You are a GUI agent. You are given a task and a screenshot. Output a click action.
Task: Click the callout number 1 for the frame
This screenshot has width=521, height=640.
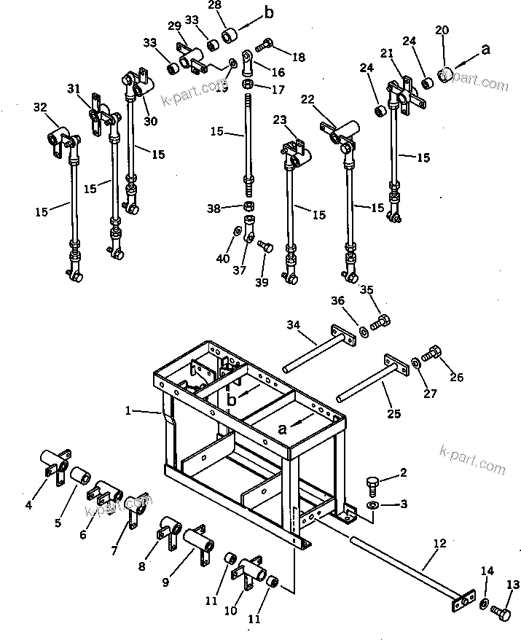pyautogui.click(x=128, y=411)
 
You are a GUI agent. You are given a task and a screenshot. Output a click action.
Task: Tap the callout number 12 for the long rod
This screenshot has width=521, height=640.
pyautogui.click(x=439, y=543)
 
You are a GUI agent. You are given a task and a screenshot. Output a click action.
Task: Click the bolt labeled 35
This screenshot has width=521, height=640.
pyautogui.click(x=380, y=321)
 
